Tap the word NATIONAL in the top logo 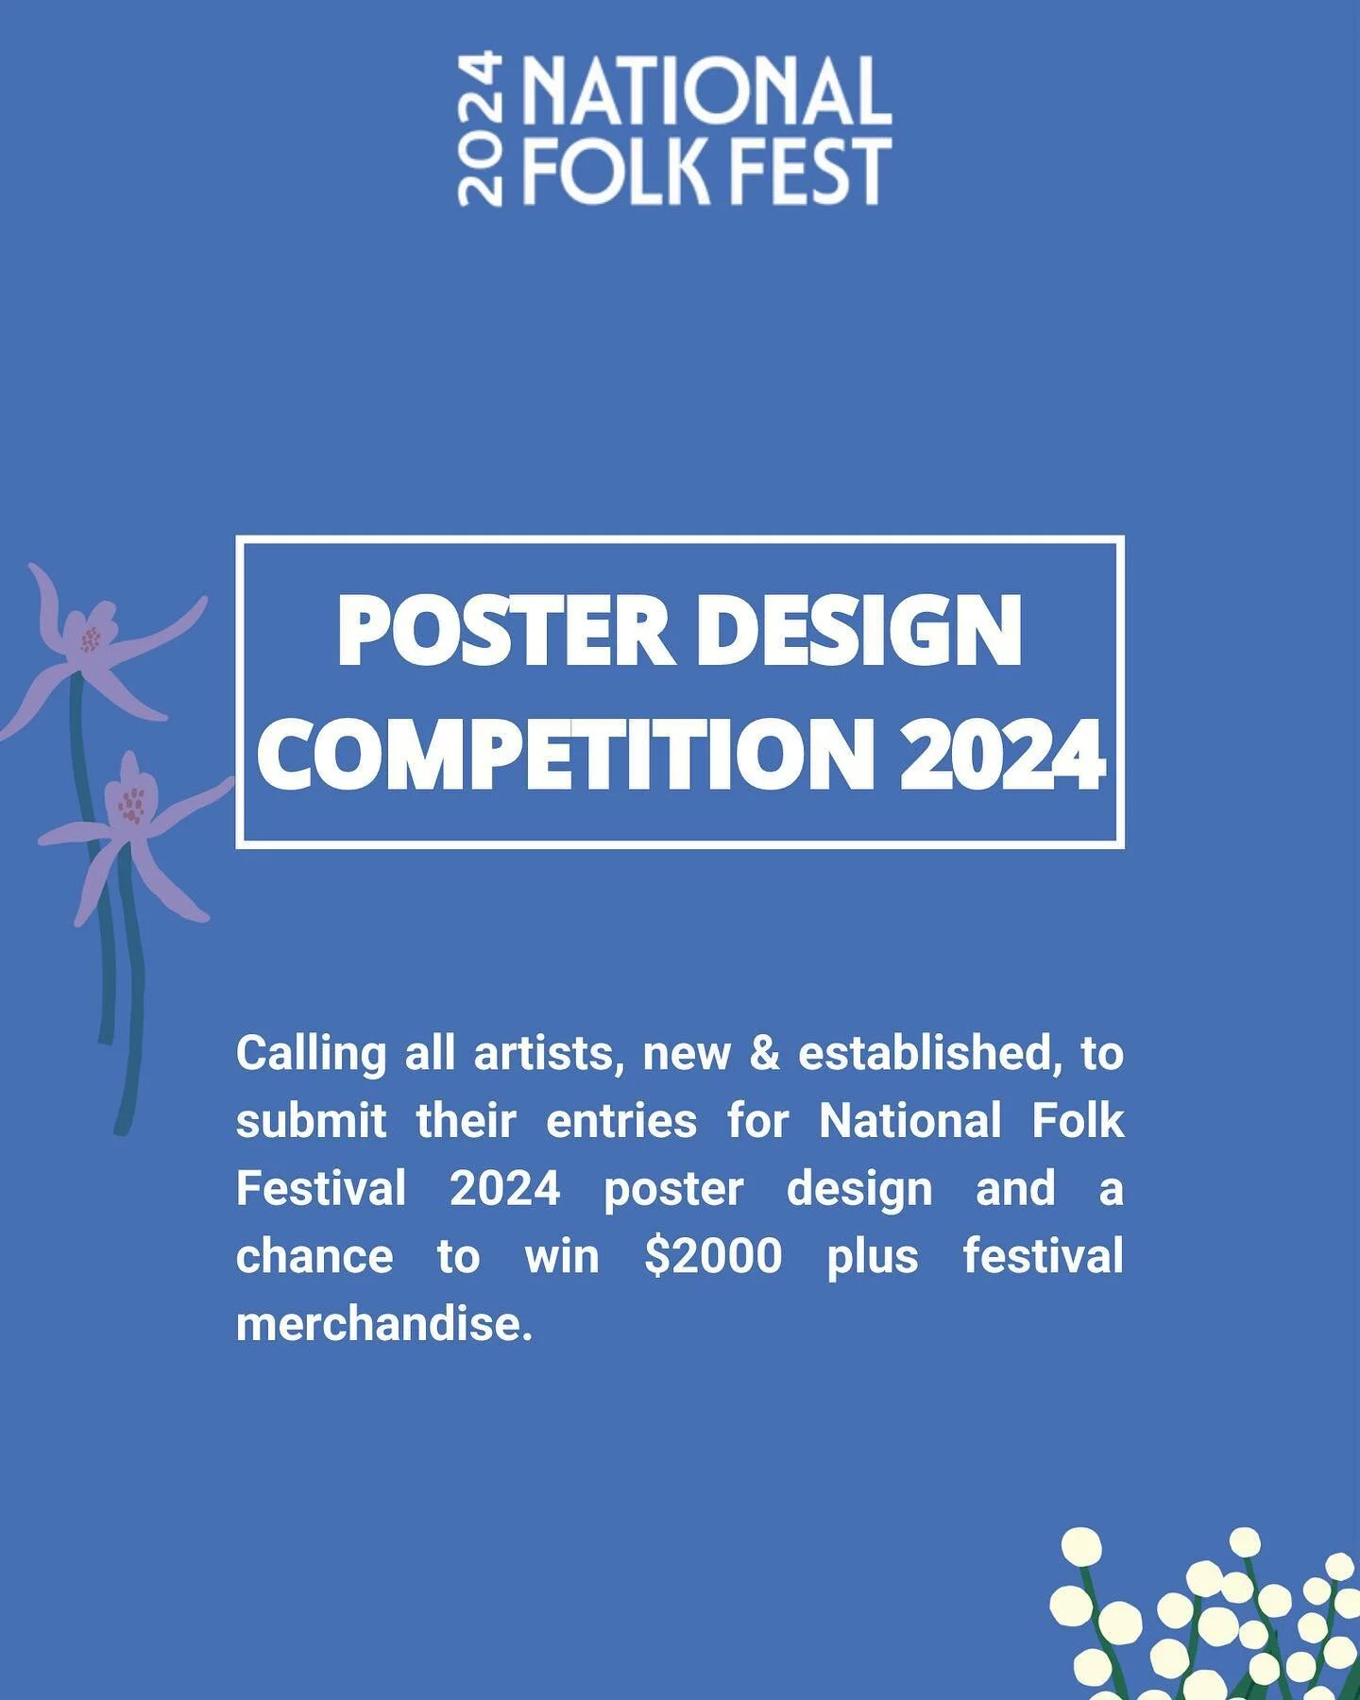coord(707,92)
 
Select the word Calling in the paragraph coord(311,1053)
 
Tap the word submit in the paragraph coord(311,1121)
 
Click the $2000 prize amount coord(713,1256)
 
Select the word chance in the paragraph coord(314,1256)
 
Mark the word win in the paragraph coord(562,1256)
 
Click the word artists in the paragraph coord(550,1053)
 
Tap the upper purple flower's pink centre coord(91,639)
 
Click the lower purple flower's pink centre coord(133,806)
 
